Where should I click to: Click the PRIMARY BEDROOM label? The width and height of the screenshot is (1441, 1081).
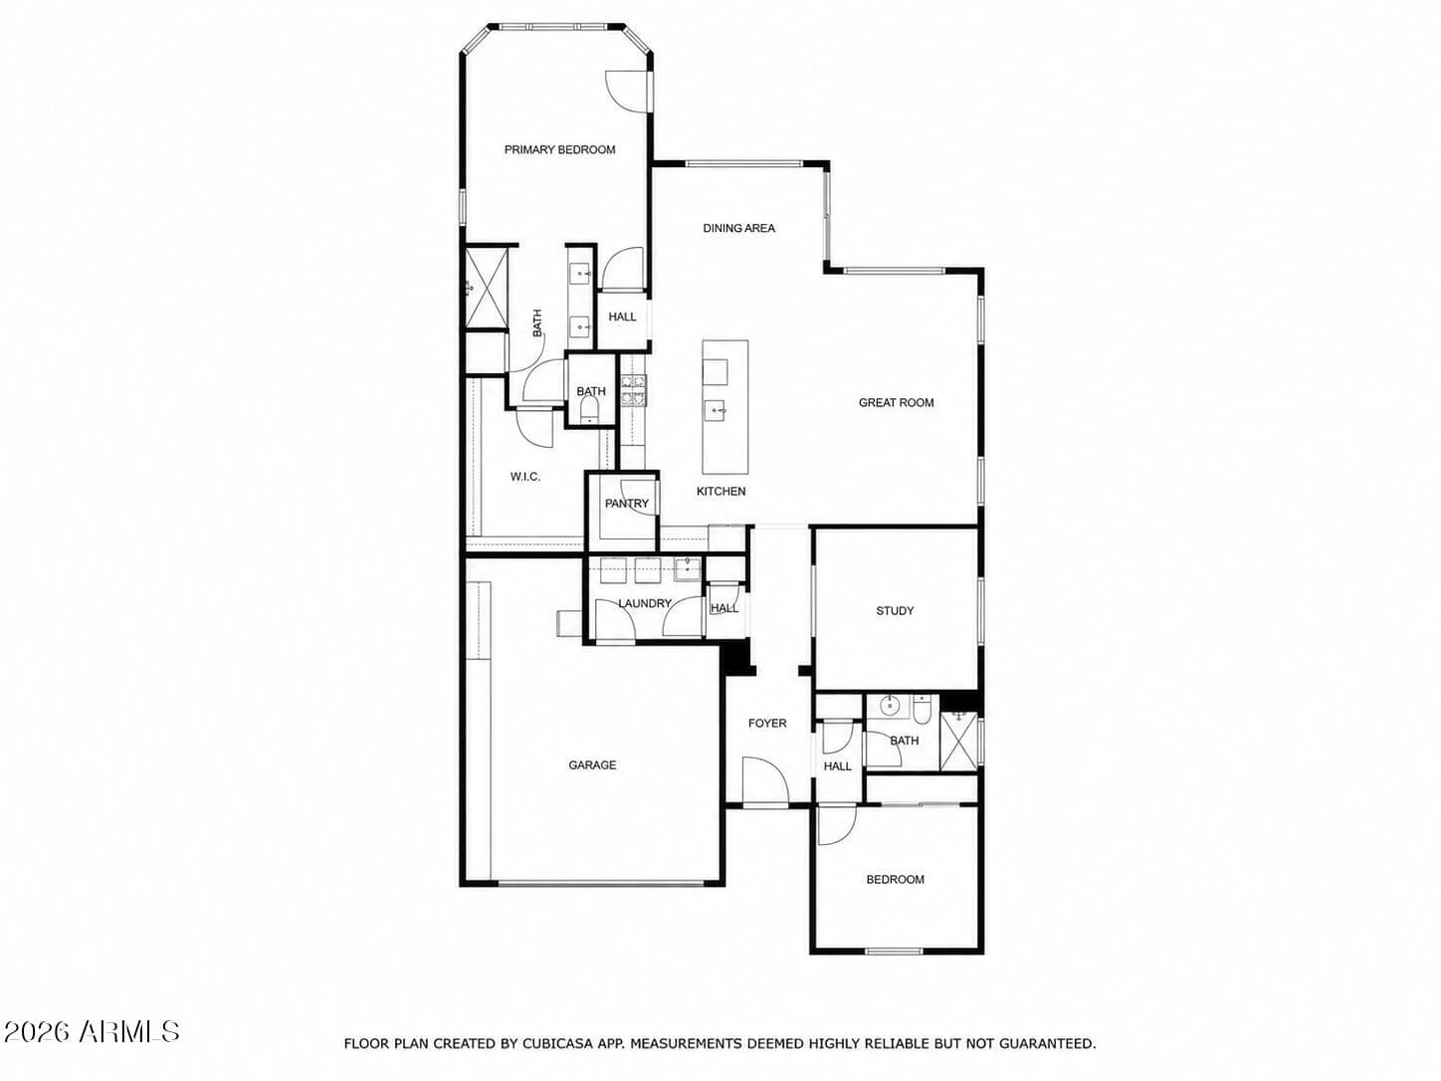point(559,149)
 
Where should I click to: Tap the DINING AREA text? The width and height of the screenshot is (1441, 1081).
point(738,228)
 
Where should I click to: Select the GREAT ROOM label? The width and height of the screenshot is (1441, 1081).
point(896,403)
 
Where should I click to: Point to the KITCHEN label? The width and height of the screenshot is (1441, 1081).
point(720,491)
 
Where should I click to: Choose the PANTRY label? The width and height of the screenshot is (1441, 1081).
point(626,504)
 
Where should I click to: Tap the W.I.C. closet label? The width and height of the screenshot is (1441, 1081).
point(525,477)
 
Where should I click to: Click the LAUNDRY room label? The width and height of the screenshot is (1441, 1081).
point(645,603)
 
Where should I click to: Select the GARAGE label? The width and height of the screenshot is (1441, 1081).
point(592,764)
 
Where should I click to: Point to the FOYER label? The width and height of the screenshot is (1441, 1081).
point(767,723)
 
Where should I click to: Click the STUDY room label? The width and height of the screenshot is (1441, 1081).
point(895,611)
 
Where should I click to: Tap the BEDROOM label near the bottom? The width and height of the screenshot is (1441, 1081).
point(895,880)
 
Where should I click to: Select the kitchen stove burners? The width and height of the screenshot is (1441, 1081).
point(634,390)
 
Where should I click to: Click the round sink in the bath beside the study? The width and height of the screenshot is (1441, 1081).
point(889,706)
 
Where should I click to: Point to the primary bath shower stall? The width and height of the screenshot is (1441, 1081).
point(487,288)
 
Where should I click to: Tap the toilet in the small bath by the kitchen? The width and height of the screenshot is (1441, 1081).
point(590,411)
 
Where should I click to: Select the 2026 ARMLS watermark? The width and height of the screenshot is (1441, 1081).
point(92,1032)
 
